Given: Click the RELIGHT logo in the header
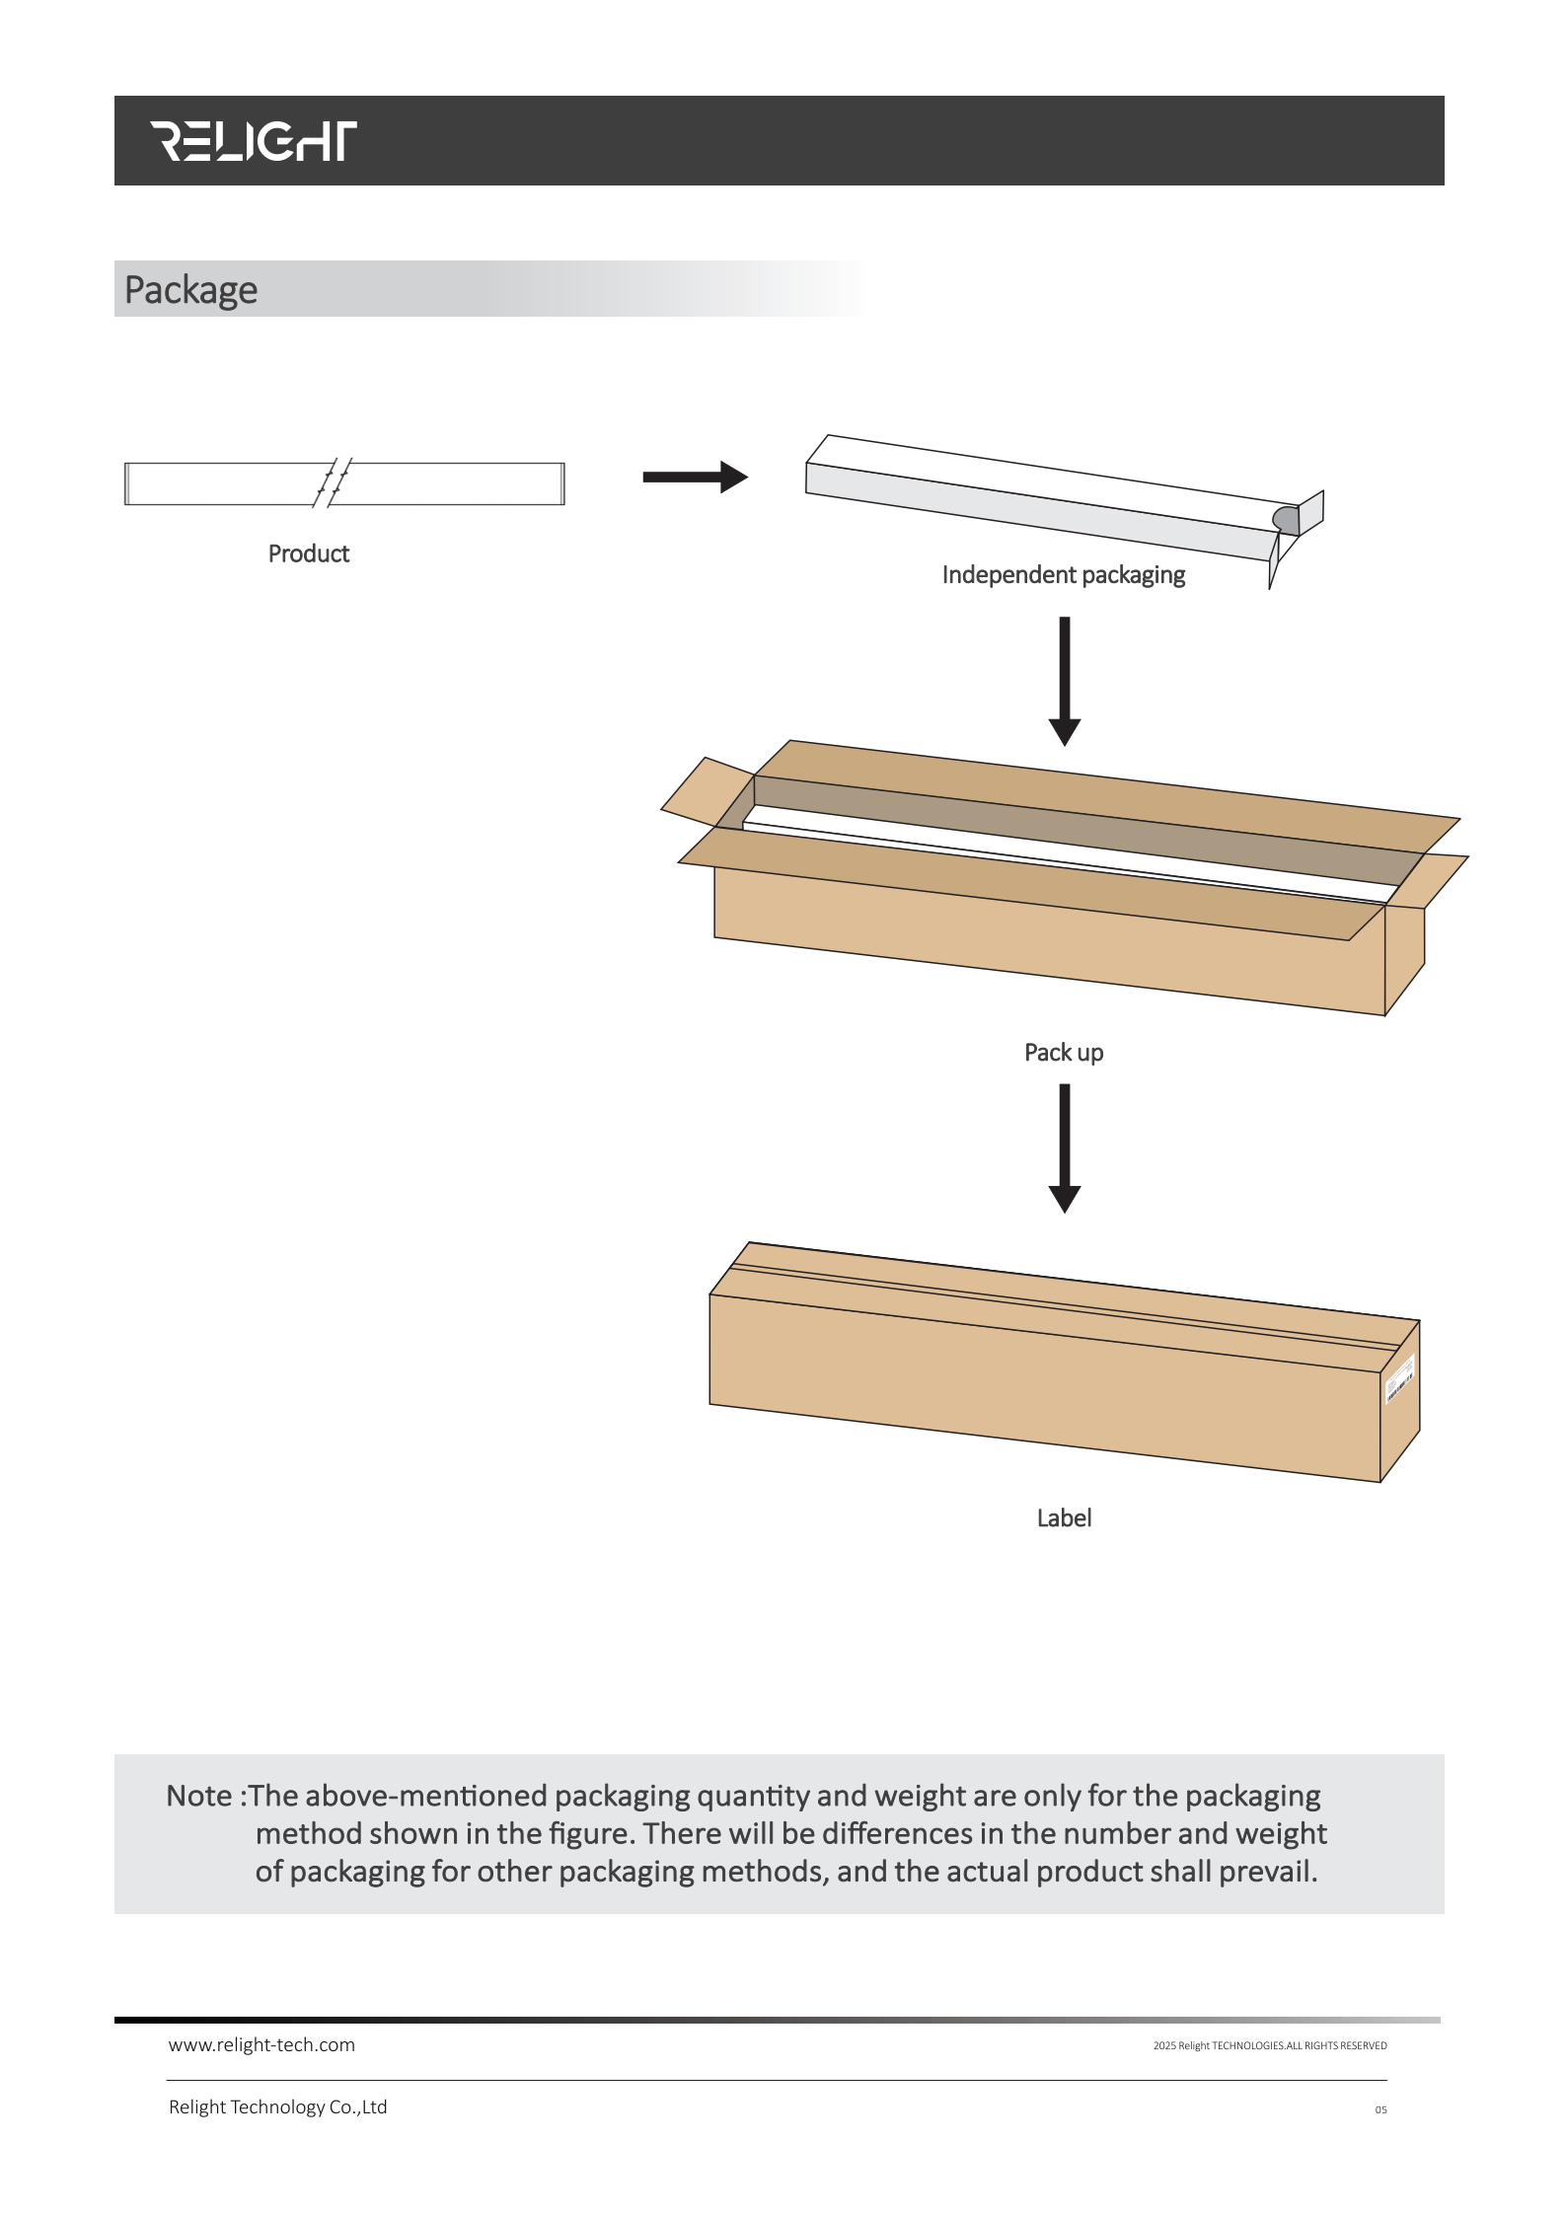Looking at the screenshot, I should click(253, 141).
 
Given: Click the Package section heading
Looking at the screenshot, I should click(190, 290).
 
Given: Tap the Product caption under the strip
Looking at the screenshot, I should click(309, 554).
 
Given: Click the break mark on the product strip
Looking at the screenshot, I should click(333, 482).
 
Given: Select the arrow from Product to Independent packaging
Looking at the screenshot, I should click(695, 478).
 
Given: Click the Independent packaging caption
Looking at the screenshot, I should click(1063, 575).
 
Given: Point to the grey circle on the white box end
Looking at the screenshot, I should click(1285, 519).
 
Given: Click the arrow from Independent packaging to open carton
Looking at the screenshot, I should click(1064, 680).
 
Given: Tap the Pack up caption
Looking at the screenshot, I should click(1064, 1053).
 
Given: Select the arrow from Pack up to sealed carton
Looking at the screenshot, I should click(1064, 1147).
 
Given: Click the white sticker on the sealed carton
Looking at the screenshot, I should click(1400, 1379).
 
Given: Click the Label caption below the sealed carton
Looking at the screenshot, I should click(1064, 1518).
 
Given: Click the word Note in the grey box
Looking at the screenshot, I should click(199, 1796).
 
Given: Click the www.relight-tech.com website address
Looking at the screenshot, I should click(261, 2045).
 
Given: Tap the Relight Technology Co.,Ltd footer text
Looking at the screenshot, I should click(277, 2107).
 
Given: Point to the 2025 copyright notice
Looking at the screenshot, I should click(1269, 2046).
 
